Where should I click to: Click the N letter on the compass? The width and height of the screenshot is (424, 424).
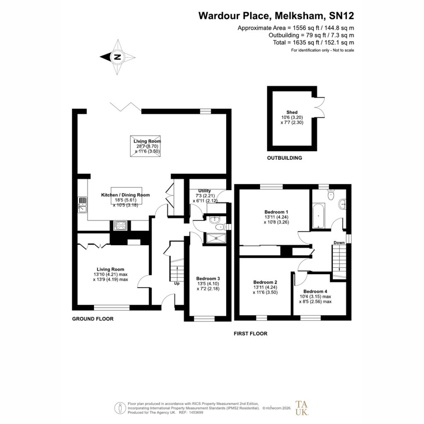pos(118,57)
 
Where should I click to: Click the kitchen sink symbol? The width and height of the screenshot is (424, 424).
pos(82,205)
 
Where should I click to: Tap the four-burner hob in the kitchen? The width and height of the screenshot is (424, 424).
pos(120,226)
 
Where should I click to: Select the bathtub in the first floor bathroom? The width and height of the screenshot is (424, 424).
pos(319,216)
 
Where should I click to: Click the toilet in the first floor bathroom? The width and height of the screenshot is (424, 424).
pos(331,195)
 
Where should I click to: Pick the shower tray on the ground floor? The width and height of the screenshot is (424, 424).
pos(216,238)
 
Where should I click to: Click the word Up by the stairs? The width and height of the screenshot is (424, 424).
pos(176,283)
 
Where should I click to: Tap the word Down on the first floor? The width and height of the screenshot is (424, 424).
pos(339,243)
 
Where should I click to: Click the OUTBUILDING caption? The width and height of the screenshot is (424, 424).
pos(284,158)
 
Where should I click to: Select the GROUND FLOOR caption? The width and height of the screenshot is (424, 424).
pos(93,319)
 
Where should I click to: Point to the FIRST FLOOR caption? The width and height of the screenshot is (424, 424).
pos(251,334)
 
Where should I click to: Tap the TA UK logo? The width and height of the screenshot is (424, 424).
pos(301,408)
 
